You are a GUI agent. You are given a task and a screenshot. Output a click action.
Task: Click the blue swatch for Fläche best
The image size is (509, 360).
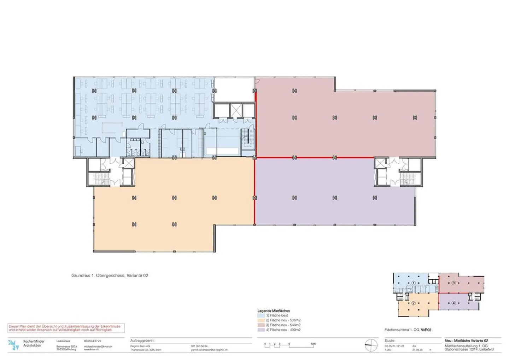pyautogui.click(x=261, y=315)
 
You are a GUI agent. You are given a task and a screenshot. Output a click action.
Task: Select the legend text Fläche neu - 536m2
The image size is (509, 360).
pyautogui.click(x=285, y=320)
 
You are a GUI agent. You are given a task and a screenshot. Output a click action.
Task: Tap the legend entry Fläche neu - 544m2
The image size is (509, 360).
pyautogui.click(x=285, y=325)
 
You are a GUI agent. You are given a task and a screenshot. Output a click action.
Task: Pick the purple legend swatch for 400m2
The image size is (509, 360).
pyautogui.click(x=261, y=330)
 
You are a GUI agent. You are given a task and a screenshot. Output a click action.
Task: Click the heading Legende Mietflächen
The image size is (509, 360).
pyautogui.click(x=274, y=311)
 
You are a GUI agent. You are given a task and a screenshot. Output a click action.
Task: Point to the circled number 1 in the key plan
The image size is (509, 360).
pyautogui.click(x=414, y=283)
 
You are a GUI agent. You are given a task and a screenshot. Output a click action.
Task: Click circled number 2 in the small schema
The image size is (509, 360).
pyautogui.click(x=413, y=303)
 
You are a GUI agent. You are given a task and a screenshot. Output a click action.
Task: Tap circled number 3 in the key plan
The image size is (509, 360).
pyautogui.click(x=454, y=283)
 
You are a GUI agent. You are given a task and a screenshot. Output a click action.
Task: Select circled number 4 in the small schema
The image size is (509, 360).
pyautogui.click(x=454, y=303)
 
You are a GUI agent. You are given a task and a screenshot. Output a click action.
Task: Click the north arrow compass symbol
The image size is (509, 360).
pyautogui.click(x=371, y=345)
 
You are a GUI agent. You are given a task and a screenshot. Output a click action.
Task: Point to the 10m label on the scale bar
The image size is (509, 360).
pyautogui.click(x=313, y=344)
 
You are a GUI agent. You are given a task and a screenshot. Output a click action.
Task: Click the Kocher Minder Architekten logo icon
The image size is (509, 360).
pyautogui.click(x=13, y=345)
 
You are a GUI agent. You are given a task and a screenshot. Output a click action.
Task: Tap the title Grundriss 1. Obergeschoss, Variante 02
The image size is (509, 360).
pyautogui.click(x=110, y=275)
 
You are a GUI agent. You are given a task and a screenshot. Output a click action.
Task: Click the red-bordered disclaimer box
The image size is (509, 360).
pyautogui.click(x=66, y=328)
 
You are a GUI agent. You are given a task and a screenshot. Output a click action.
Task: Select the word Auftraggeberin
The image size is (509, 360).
pyautogui.click(x=142, y=341)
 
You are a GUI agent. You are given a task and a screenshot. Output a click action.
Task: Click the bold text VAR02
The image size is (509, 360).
pyautogui.click(x=426, y=330)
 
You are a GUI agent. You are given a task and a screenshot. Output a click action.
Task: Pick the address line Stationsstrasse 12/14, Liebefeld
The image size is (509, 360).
pyautogui.click(x=469, y=349)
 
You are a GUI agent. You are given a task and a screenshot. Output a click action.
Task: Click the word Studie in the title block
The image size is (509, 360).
pyautogui.click(x=390, y=341)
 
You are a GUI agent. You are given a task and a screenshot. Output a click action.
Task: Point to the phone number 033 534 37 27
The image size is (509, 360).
pyautogui.click(x=93, y=341)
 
